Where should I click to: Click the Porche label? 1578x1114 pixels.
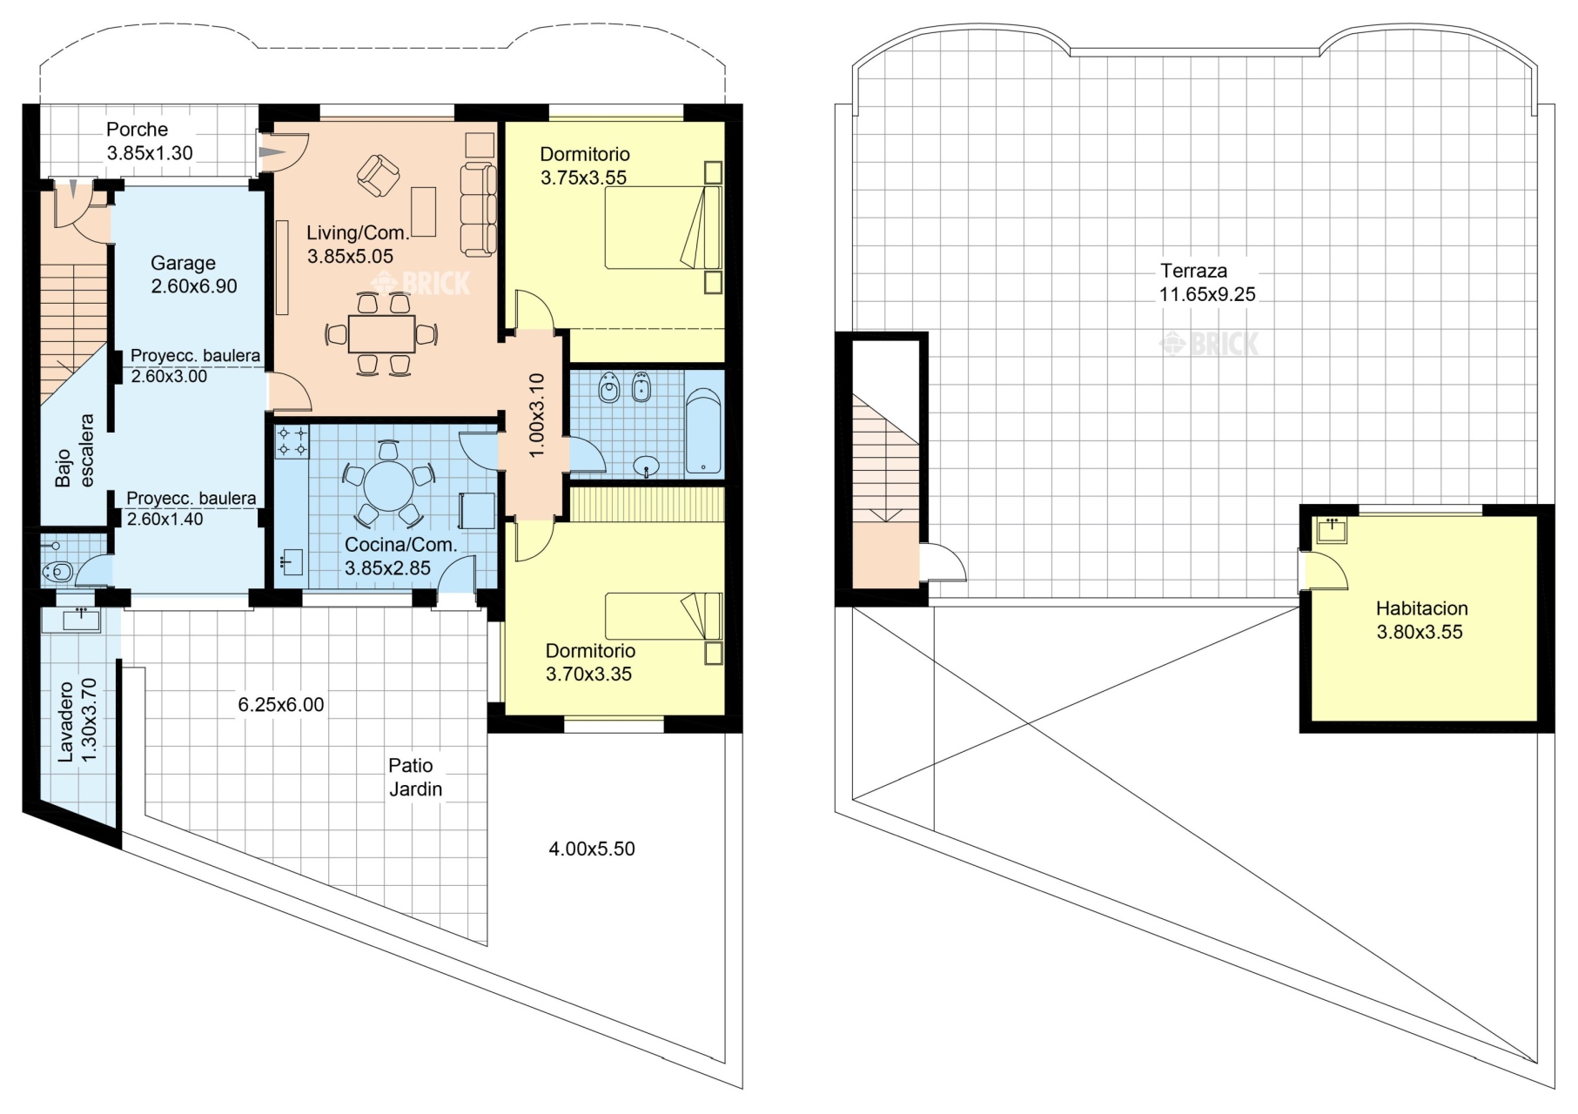[x=137, y=130]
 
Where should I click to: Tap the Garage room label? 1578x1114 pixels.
[x=183, y=263]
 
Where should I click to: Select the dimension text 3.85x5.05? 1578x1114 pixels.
[x=350, y=257]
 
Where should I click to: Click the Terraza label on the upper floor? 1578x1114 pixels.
[x=1193, y=271]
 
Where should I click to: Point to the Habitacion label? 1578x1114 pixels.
[x=1421, y=608]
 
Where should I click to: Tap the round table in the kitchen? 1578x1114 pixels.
[x=389, y=486]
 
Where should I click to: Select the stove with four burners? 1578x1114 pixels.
[x=292, y=441]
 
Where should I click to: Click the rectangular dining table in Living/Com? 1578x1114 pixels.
[x=381, y=334]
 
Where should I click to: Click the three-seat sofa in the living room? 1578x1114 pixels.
[x=478, y=209]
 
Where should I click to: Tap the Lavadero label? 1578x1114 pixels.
[x=66, y=721]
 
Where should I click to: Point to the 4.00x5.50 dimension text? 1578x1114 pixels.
[x=592, y=849]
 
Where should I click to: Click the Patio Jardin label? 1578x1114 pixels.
[x=415, y=777]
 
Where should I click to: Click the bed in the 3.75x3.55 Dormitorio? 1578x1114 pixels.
[x=663, y=228]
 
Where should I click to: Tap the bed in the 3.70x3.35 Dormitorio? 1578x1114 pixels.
[x=663, y=616]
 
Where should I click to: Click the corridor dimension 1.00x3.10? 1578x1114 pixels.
[x=536, y=415]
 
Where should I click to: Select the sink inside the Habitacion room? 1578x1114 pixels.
[x=1332, y=530]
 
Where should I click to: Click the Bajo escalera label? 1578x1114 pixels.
[x=75, y=450]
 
